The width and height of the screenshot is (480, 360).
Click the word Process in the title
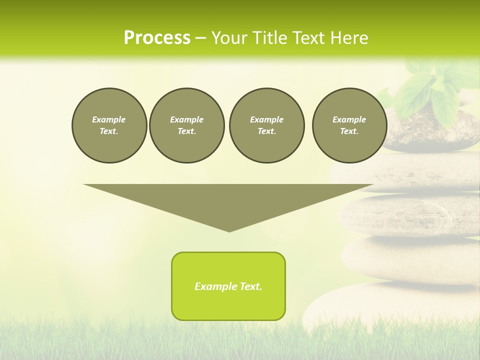pos(157,38)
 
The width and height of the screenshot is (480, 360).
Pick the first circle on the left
pos(109,125)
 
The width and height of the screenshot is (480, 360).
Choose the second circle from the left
pos(186,125)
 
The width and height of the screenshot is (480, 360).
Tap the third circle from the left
pos(266,125)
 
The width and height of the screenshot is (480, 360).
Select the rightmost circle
pos(349,125)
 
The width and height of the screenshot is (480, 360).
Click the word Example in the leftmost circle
pos(109,119)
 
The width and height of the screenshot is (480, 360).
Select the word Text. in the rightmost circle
pos(349,131)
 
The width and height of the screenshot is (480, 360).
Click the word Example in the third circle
pos(266,119)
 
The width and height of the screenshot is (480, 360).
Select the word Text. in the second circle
pos(186,131)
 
